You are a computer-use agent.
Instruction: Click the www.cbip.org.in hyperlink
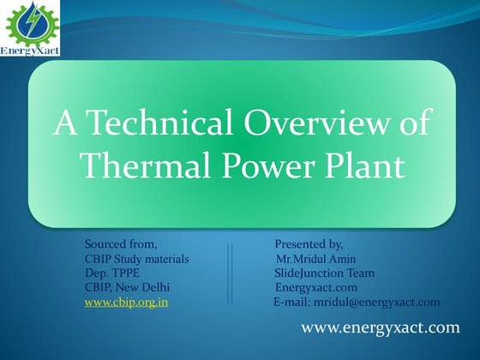coord(125,302)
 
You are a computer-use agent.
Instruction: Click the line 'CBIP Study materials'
coord(137,259)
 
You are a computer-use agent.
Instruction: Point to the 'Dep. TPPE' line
coord(112,273)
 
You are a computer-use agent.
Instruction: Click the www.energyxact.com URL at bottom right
coord(381,328)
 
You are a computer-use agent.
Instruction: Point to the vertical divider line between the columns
coord(230,273)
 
